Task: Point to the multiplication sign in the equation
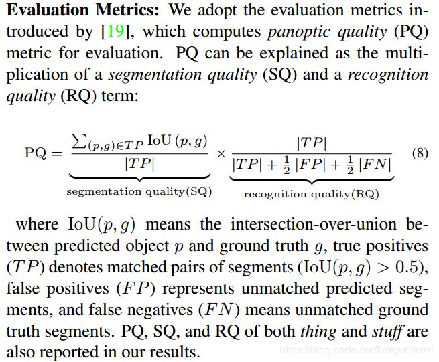point(221,153)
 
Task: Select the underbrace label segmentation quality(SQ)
point(139,192)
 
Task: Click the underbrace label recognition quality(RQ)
point(311,194)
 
